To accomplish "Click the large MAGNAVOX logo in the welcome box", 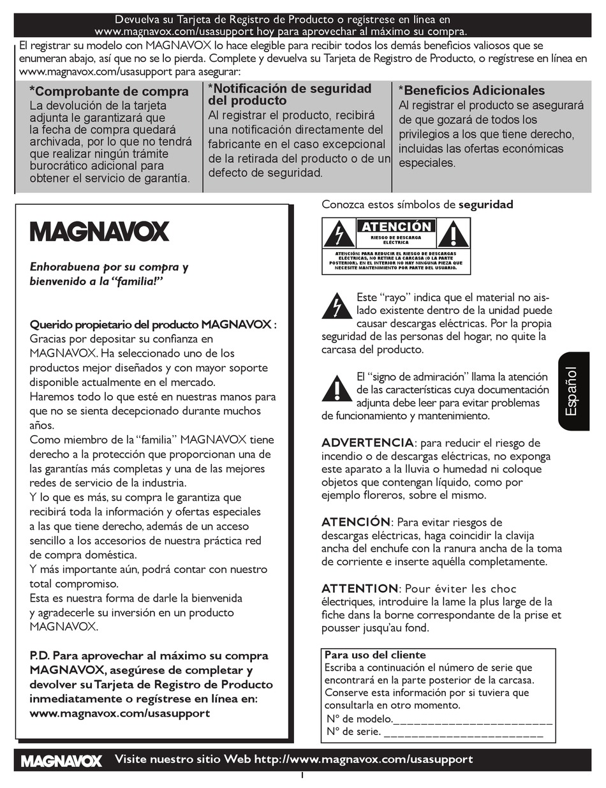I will coord(100,231).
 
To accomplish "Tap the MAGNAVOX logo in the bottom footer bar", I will coord(61,761).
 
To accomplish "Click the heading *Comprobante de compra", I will coord(109,91).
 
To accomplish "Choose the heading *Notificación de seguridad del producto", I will coord(290,94).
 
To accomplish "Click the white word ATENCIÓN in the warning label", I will coord(396,227).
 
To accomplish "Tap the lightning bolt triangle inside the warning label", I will coord(339,235).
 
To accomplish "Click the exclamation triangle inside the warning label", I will coord(454,235).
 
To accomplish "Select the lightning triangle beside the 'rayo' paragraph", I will coord(337,306).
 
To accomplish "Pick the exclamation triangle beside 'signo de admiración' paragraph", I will coord(337,389).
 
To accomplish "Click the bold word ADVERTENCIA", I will coord(367,443).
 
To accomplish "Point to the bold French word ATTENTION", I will coord(360,588).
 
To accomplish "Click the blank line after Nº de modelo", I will coord(473,720).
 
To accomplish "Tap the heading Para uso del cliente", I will coord(375,655).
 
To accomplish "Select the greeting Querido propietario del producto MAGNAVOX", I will coord(153,324).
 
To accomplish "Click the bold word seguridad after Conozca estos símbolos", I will coord(485,205).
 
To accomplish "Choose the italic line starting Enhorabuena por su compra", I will coord(109,267).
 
